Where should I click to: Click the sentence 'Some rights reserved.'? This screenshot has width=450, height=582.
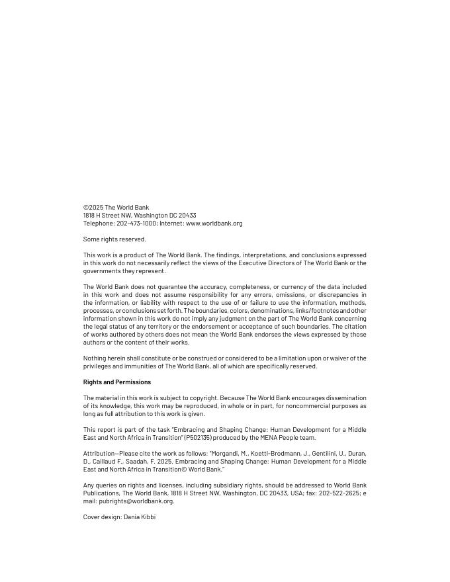click(114, 239)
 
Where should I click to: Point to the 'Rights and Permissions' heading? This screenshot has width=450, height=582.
click(117, 382)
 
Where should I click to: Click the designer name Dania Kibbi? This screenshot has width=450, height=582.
click(140, 517)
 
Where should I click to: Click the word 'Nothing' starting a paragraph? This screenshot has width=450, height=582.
click(95, 358)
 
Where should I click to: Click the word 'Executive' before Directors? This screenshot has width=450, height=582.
click(240, 263)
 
